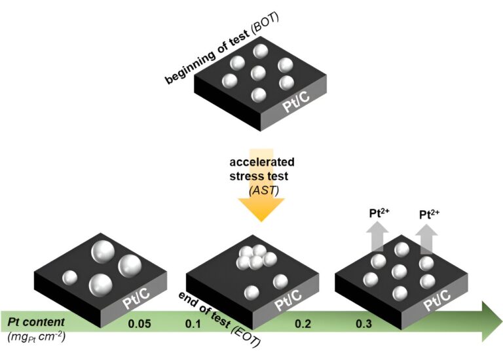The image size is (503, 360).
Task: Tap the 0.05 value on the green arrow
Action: coord(139,323)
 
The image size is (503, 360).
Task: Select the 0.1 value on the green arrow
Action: coord(193,323)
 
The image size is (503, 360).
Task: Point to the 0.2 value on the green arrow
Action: coord(303,323)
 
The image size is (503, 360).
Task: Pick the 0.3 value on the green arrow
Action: coord(364,323)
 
